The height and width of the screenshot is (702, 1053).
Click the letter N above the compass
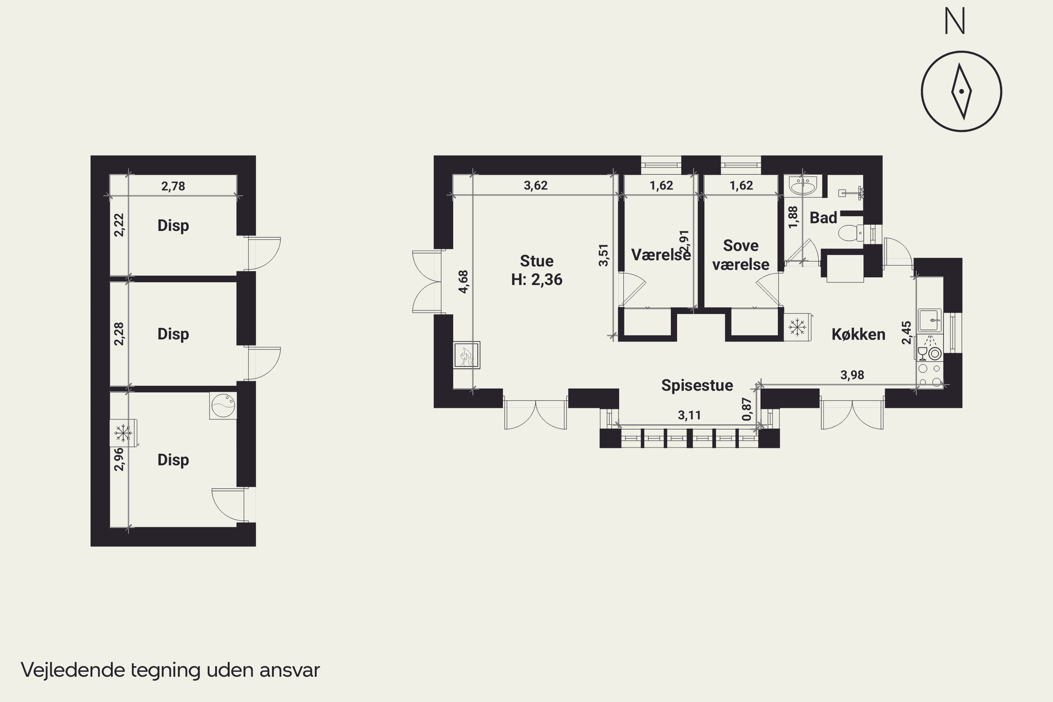coord(954,21)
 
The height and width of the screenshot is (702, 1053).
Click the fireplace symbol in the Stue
coord(466,355)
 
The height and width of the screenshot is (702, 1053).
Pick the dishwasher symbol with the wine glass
coord(929,348)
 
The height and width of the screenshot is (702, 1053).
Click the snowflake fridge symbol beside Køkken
coord(797,327)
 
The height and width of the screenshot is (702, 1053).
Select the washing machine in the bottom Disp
coord(223,406)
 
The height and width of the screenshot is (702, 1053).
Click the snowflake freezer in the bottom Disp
coord(123,433)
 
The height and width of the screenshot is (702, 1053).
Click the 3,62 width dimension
coord(536,185)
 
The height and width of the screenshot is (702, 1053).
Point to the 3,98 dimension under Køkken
coord(852,375)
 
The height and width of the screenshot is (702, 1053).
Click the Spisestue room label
coord(697,385)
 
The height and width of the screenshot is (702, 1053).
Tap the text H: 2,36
coord(537,280)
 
